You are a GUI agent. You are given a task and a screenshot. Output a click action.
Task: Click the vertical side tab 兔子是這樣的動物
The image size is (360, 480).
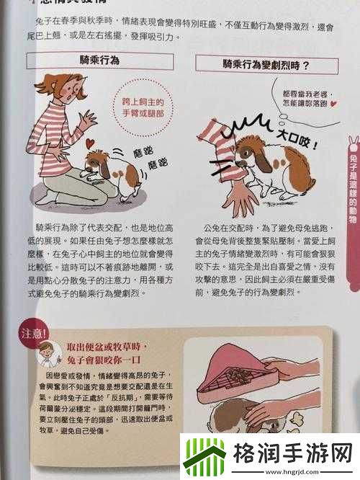point(352,187)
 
